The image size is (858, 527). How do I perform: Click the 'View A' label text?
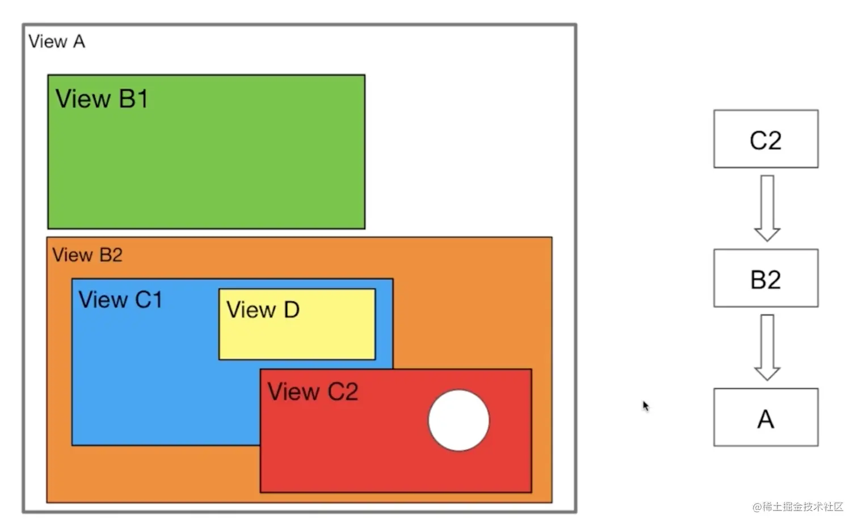[x=57, y=41]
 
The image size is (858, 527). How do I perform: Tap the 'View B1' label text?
[x=102, y=99]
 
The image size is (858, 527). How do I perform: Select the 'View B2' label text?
[x=87, y=255]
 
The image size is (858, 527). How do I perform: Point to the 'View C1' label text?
[x=120, y=299]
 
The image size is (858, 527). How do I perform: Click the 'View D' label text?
[x=263, y=309]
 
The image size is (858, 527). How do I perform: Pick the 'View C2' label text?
[x=313, y=392]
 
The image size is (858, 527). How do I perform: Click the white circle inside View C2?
[x=459, y=420]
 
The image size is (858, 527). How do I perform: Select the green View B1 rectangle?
[x=206, y=165]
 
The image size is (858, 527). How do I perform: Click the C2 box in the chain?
[x=766, y=139]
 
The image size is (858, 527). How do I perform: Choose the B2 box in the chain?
[x=766, y=278]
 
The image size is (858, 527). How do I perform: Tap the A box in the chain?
[x=766, y=417]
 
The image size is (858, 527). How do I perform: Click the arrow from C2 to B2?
[x=767, y=208]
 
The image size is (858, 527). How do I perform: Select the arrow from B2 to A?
[x=767, y=347]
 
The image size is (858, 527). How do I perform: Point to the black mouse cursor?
[x=645, y=405]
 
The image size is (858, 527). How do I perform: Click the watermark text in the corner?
[x=798, y=507]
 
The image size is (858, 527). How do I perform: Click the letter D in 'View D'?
[x=291, y=309]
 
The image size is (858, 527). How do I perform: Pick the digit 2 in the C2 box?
[x=774, y=140]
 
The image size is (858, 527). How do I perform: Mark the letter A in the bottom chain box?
[x=766, y=419]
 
